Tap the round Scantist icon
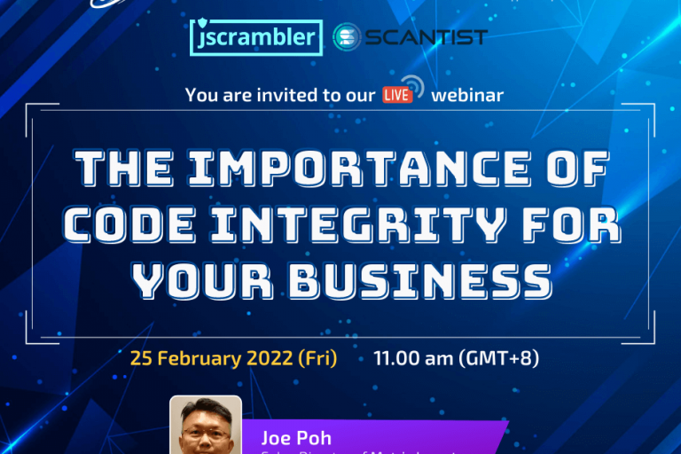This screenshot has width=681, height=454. (348, 37)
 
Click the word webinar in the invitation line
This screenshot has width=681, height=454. (467, 95)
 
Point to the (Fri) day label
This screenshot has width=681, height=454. (316, 359)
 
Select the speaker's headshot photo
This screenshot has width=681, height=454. (206, 427)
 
